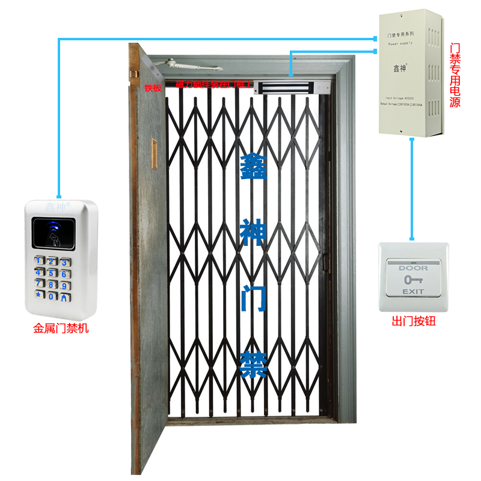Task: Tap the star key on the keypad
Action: coord(39,295)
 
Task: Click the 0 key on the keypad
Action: coord(52,296)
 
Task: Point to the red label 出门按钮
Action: coord(413,321)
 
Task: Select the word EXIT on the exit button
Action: coord(413,291)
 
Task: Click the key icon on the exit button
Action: coord(413,280)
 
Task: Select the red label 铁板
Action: coord(153,87)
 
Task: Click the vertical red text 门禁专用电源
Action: coord(455,75)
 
